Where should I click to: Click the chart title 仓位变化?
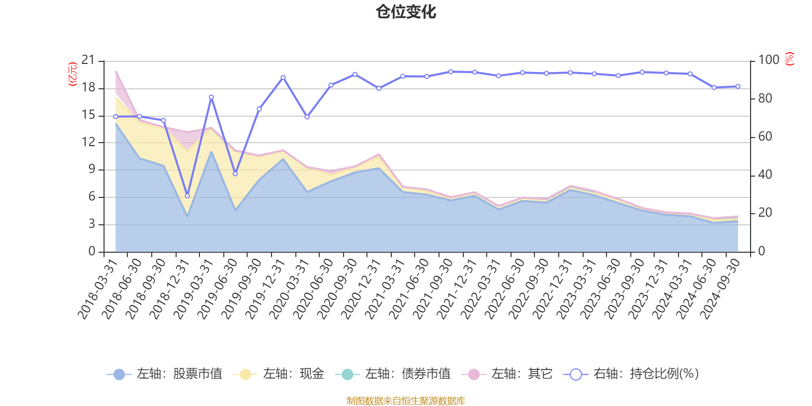point(406,12)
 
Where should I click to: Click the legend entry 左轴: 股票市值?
point(165,374)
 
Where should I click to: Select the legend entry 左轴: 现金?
point(279,374)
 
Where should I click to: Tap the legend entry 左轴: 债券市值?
point(393,374)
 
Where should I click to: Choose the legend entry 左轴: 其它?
point(507,374)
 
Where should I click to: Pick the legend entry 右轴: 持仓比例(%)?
point(631,374)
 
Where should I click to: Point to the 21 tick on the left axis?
point(88,60)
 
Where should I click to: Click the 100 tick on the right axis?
point(768,60)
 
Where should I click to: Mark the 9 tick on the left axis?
point(92,170)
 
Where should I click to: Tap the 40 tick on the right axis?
point(765,175)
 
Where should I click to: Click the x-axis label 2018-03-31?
point(97,288)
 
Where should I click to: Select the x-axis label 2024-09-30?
point(721,288)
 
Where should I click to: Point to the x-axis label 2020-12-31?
point(361,288)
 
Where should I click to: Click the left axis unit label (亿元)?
point(73,74)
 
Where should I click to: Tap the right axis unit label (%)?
point(789,59)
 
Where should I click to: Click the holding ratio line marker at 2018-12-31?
point(187,196)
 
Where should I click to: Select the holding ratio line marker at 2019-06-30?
point(235,174)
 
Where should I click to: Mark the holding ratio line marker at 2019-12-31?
point(283,78)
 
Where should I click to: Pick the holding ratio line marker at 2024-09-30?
point(738,86)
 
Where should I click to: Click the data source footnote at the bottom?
point(406,401)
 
